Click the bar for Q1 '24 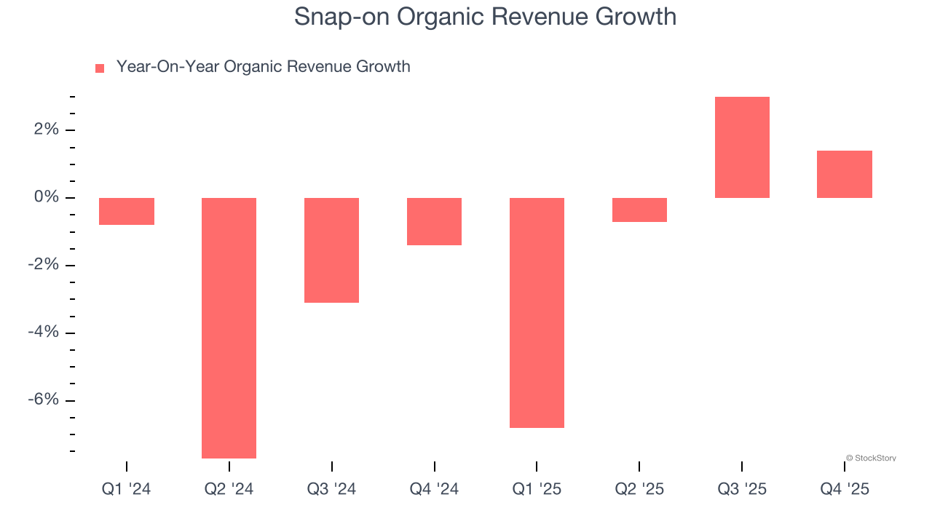[x=127, y=211]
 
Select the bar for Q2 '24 [x=229, y=327]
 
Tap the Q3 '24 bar [x=331, y=250]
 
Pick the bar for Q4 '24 [x=434, y=221]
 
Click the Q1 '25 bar [x=537, y=312]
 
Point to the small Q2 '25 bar [x=639, y=210]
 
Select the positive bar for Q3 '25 [x=742, y=147]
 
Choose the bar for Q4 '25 [x=845, y=174]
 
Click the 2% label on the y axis [x=45, y=130]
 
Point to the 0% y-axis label [x=45, y=198]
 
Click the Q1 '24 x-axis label [x=127, y=489]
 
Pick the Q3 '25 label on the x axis [x=742, y=489]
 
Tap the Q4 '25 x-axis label [x=845, y=489]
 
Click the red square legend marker [x=100, y=68]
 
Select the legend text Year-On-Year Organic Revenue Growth [x=263, y=67]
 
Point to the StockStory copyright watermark [x=871, y=458]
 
